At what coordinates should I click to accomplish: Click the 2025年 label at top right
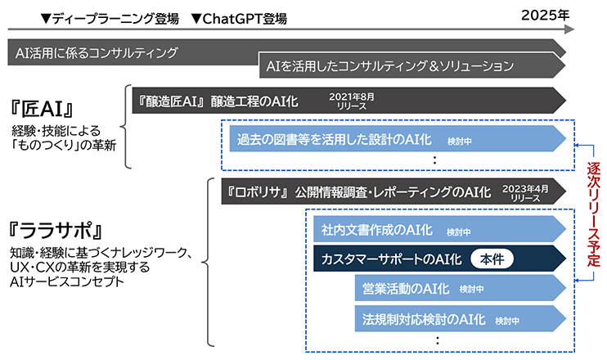coord(542,14)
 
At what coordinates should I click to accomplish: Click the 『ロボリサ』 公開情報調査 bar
coord(360,192)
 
